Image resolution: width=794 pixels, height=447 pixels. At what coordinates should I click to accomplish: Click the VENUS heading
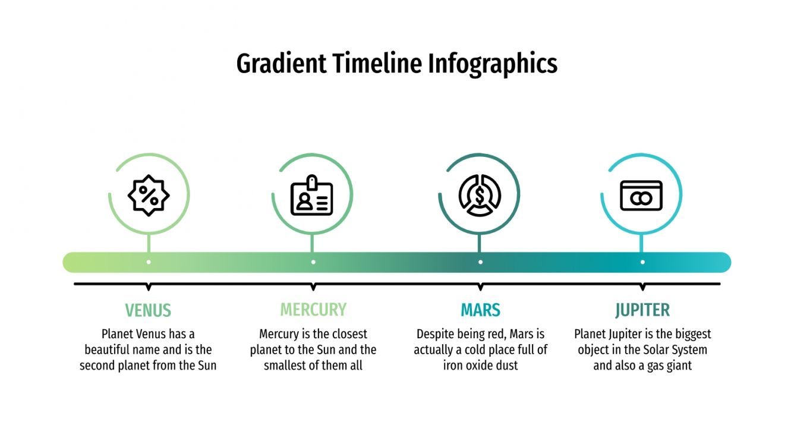[148, 310]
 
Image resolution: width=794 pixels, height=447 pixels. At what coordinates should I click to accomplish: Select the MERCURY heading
[313, 310]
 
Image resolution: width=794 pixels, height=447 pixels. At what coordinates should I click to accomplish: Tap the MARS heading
[480, 310]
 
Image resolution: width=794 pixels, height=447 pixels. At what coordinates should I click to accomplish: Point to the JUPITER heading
[642, 310]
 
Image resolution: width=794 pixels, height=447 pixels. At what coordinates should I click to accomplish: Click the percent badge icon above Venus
[149, 195]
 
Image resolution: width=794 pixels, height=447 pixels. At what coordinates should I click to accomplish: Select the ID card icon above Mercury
[312, 196]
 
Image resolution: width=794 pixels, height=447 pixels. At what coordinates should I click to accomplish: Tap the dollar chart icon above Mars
[480, 195]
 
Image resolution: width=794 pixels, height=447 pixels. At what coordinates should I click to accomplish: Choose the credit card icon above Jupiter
[641, 196]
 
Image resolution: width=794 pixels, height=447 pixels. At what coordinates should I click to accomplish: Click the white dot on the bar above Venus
[149, 262]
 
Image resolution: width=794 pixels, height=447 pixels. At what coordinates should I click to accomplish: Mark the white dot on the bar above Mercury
[313, 262]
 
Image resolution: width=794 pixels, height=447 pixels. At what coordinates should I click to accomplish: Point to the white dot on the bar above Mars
[480, 262]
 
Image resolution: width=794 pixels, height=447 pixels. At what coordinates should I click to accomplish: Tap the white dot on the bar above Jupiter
[642, 262]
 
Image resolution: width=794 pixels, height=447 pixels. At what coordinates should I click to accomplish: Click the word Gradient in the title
[281, 64]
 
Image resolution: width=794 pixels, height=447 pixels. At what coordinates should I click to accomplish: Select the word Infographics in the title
[493, 64]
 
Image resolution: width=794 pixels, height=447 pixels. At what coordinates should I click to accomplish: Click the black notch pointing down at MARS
[480, 287]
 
